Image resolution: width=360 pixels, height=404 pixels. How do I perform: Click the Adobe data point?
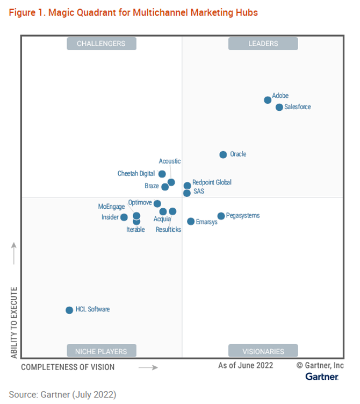tap(268, 100)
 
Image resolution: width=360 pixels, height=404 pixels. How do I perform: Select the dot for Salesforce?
tap(279, 107)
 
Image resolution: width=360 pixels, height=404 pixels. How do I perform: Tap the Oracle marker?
tap(223, 154)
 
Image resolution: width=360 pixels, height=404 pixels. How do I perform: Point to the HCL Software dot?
tap(69, 310)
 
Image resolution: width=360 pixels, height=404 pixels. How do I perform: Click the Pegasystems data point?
tap(221, 216)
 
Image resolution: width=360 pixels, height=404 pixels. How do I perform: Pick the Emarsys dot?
tap(191, 221)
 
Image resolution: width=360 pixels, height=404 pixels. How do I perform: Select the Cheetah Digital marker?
tap(162, 174)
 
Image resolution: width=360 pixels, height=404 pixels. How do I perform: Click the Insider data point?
tap(124, 217)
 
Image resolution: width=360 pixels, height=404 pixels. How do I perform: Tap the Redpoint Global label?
tap(212, 182)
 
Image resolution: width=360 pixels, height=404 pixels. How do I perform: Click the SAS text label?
tap(199, 191)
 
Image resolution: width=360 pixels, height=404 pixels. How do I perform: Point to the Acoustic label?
tap(170, 161)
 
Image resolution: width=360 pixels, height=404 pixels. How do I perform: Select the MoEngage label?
tap(111, 206)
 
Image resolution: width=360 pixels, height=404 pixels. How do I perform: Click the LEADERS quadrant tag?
tap(263, 44)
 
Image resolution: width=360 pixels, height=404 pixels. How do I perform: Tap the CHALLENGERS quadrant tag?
tap(101, 44)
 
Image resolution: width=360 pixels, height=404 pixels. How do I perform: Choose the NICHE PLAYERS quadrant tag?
tap(101, 351)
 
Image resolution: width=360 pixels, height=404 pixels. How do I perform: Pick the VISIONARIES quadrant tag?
tap(263, 351)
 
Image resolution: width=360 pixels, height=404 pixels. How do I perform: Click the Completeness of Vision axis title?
tap(68, 367)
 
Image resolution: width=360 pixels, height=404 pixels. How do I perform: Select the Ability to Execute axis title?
tap(14, 323)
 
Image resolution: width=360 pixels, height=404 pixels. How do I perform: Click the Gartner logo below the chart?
tap(322, 376)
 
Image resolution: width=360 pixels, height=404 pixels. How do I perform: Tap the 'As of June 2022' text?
tap(246, 365)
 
